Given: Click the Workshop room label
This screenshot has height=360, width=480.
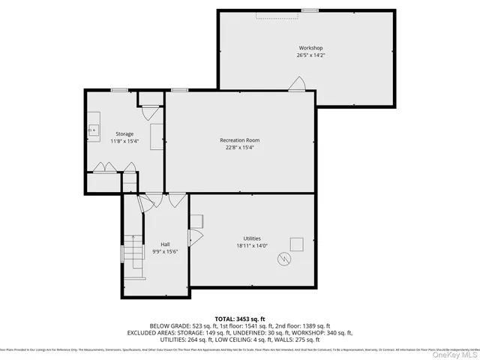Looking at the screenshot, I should pyautogui.click(x=310, y=48).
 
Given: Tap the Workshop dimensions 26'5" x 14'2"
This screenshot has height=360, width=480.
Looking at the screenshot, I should pyautogui.click(x=310, y=55).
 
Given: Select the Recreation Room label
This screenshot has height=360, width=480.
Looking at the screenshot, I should pyautogui.click(x=240, y=140).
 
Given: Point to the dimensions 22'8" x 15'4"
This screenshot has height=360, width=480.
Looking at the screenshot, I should pyautogui.click(x=240, y=148).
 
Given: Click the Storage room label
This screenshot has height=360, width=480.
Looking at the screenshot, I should pyautogui.click(x=124, y=133).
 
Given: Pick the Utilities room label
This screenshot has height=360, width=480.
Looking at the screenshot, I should pyautogui.click(x=251, y=238).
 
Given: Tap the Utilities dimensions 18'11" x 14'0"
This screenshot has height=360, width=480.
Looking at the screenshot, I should pyautogui.click(x=251, y=245).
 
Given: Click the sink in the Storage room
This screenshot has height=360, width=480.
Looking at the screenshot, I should pyautogui.click(x=94, y=130).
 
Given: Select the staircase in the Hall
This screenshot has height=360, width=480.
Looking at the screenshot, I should pyautogui.click(x=133, y=255).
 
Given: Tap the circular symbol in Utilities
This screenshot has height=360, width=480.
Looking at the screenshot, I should pyautogui.click(x=284, y=259).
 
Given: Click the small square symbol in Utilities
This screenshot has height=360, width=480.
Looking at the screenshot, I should pyautogui.click(x=296, y=244).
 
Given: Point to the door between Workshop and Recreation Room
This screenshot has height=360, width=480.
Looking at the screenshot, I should pyautogui.click(x=298, y=85).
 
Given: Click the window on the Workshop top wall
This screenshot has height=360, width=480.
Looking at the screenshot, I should pyautogui.click(x=309, y=10).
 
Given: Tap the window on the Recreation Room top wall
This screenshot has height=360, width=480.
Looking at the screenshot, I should pyautogui.click(x=179, y=90).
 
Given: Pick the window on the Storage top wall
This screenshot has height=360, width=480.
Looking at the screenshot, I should pyautogui.click(x=118, y=90).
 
